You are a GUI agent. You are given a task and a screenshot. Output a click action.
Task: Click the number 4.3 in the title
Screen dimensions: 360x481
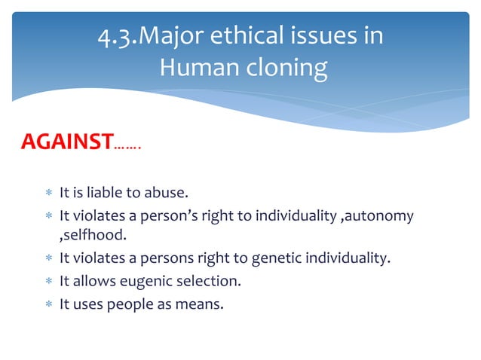pos(115,36)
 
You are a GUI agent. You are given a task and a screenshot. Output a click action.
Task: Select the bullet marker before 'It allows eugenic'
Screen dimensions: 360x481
pos(47,282)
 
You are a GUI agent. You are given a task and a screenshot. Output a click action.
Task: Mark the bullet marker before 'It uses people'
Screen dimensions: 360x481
pos(47,304)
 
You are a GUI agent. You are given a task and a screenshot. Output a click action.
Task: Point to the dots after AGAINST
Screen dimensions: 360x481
pos(128,146)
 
